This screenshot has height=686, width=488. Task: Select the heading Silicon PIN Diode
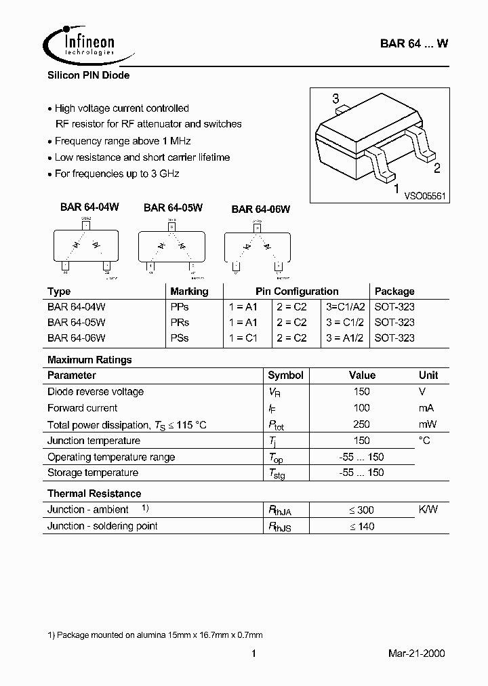88,75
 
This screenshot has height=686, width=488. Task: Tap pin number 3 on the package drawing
335,99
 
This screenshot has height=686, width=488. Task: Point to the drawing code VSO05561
424,196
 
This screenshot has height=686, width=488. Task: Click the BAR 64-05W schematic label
173,208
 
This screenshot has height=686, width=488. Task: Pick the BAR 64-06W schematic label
260,209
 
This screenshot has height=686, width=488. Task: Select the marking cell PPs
180,306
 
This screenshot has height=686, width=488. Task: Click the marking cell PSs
180,338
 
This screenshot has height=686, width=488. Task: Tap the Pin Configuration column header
297,291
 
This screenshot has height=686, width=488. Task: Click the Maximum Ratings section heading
89,360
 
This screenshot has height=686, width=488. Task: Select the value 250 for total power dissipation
361,424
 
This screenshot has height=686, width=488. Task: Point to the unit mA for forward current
426,408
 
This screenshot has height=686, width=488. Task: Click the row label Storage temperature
93,472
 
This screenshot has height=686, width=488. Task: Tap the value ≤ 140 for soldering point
361,526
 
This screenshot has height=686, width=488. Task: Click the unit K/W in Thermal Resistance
428,510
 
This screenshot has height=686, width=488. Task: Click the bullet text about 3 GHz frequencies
117,174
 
